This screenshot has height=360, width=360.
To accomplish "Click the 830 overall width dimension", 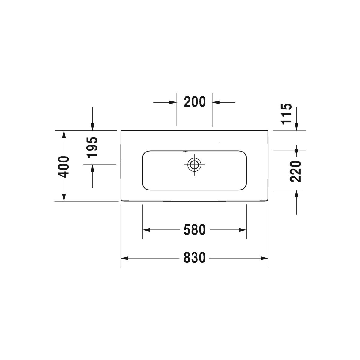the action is click(x=194, y=258).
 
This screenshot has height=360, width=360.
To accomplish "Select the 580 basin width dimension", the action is click(x=194, y=230).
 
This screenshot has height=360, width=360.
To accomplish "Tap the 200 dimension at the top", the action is click(x=195, y=102).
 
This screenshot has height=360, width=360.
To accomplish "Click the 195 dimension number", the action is click(x=92, y=148).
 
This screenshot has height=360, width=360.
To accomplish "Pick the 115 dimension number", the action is click(x=286, y=114).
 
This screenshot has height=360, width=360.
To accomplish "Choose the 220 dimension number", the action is click(x=295, y=171).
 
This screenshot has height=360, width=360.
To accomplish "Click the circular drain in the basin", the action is click(x=194, y=165).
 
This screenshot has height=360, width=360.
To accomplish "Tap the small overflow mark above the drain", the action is click(x=185, y=152).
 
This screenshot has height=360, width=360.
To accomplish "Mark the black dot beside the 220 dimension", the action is click(x=296, y=151).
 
